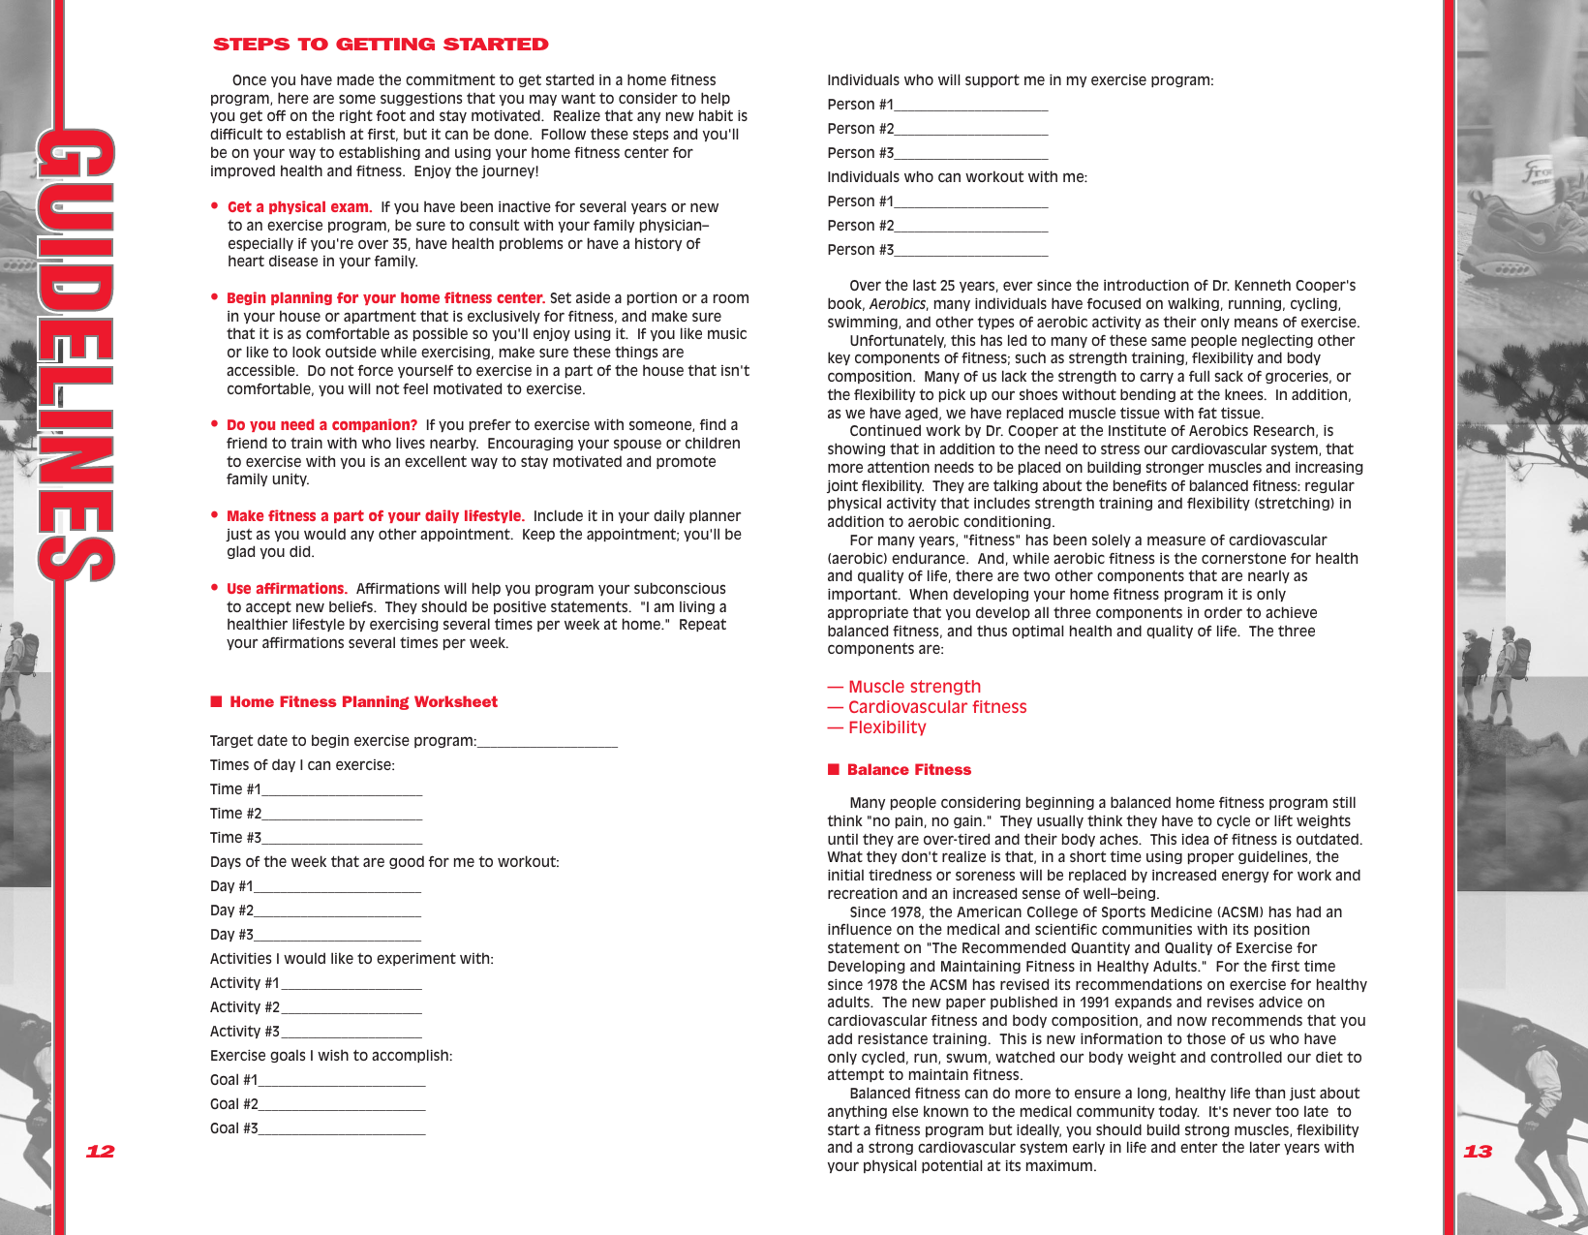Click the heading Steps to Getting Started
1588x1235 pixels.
(381, 45)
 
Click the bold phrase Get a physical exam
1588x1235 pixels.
(299, 207)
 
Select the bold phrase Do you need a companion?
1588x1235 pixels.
(321, 425)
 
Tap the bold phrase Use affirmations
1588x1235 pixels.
(287, 589)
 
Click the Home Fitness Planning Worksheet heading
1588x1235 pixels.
(363, 702)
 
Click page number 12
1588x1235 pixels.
(100, 1152)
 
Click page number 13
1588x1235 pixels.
(1478, 1152)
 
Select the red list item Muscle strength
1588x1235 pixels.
(914, 687)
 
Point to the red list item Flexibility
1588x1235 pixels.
(887, 727)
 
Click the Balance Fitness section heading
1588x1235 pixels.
(908, 770)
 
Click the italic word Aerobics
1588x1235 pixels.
(898, 304)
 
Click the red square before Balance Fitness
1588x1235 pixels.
(834, 770)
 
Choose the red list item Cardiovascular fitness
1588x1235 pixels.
(936, 707)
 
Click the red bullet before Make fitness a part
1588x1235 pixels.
(215, 515)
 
